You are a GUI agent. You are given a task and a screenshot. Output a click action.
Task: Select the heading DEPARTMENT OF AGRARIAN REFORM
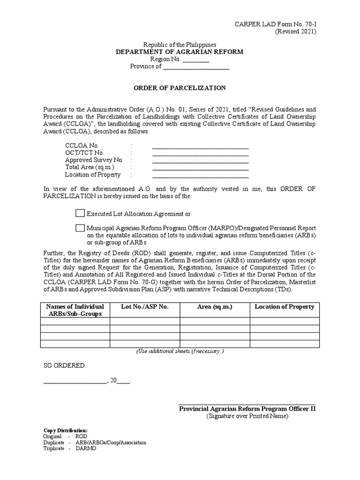pyautogui.click(x=180, y=52)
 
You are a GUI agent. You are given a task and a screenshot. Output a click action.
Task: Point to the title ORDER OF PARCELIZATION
pyautogui.click(x=180, y=88)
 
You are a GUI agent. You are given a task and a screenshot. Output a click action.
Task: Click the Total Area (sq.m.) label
pyautogui.click(x=90, y=167)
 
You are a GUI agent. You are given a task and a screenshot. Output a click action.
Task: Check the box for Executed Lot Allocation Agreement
pyautogui.click(x=80, y=213)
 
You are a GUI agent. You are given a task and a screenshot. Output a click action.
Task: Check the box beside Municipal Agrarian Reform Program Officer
pyautogui.click(x=80, y=228)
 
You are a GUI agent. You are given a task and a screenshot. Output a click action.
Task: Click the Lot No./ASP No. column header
pyautogui.click(x=144, y=307)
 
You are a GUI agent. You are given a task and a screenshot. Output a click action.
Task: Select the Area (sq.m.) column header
pyautogui.click(x=215, y=307)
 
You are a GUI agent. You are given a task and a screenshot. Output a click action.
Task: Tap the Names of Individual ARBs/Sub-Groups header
pyautogui.click(x=75, y=310)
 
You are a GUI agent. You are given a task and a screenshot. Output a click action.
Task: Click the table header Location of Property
pyautogui.click(x=284, y=307)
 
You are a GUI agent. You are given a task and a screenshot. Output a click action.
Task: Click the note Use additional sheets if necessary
pyautogui.click(x=180, y=351)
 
